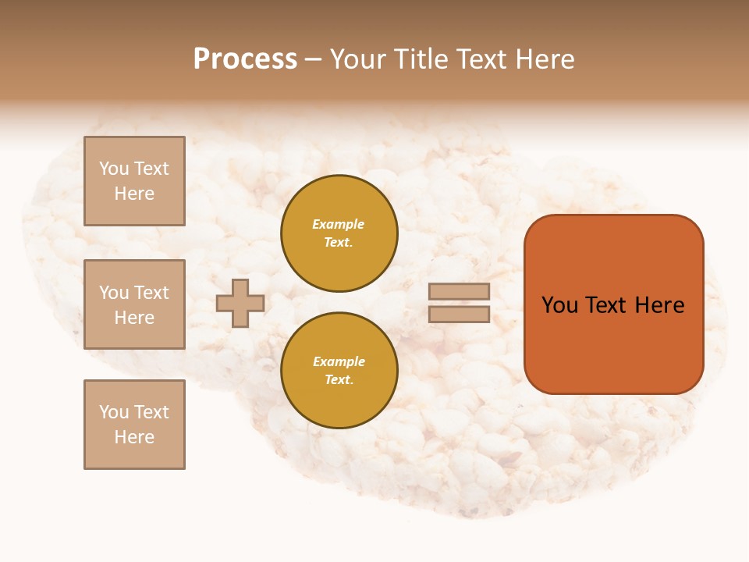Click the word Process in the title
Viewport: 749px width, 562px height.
tap(245, 59)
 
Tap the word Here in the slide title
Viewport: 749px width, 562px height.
tap(543, 59)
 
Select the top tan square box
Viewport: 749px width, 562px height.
tap(134, 181)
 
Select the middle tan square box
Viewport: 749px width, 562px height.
tap(134, 304)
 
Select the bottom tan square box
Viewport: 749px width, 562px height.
tap(134, 425)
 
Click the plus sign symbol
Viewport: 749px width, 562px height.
tap(240, 304)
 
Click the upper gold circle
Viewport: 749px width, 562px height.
tap(339, 233)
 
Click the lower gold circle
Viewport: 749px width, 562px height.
tap(339, 371)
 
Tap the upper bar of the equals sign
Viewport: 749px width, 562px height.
tap(460, 292)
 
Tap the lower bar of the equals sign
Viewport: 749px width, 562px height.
tap(460, 315)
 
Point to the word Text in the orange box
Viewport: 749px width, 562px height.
tap(607, 305)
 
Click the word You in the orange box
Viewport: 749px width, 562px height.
tap(559, 305)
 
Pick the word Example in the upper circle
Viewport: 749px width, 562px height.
tap(339, 224)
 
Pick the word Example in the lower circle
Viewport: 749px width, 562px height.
tap(339, 361)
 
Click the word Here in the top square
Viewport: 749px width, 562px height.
tap(134, 194)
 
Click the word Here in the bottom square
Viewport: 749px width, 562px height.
tap(134, 437)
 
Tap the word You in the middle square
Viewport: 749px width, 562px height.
tap(114, 293)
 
